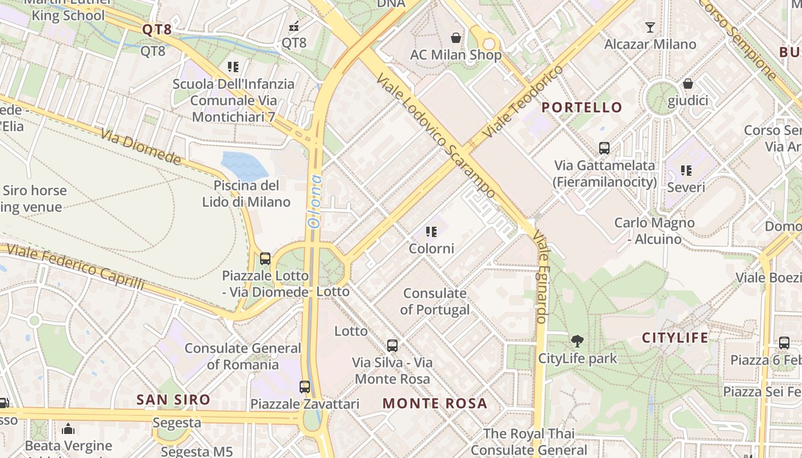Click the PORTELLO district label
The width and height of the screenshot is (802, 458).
coord(581,107)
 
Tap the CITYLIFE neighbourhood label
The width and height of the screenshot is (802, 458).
coord(675,338)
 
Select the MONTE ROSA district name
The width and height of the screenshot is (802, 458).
coord(435,403)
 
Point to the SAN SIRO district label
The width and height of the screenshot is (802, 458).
coord(173,400)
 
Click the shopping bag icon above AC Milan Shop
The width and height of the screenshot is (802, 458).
coord(456,38)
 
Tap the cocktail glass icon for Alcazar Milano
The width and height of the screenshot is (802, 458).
coord(650,27)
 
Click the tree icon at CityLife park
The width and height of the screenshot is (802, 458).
coord(577,341)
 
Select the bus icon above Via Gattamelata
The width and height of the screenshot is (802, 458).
coord(604,148)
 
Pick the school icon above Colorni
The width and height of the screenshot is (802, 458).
coord(431,232)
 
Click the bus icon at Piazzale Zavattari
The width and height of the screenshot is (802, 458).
coord(305,386)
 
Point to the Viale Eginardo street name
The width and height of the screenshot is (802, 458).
coord(541,277)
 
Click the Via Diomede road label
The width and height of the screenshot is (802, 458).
coord(141,147)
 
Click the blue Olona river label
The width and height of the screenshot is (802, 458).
coord(314,202)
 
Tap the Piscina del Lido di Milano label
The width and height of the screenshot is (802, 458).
coord(246,194)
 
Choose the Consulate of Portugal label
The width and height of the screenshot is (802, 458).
coord(435,301)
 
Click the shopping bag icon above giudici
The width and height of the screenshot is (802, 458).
coord(688,84)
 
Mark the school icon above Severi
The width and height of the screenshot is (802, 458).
coord(686,170)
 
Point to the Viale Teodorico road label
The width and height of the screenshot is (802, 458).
coord(523,101)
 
